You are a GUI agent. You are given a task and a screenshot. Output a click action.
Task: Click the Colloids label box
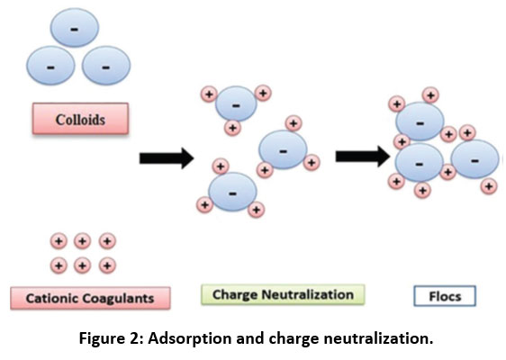pyautogui.click(x=80, y=119)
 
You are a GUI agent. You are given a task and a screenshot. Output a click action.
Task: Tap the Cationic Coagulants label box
pyautogui.click(x=90, y=298)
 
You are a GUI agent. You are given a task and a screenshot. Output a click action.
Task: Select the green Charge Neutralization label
pyautogui.click(x=283, y=294)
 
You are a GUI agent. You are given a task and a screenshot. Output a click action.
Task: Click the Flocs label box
pyautogui.click(x=445, y=296)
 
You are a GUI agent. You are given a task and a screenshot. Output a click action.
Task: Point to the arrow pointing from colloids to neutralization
pyautogui.click(x=167, y=158)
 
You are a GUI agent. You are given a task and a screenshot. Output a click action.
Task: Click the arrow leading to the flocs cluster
pyautogui.click(x=363, y=157)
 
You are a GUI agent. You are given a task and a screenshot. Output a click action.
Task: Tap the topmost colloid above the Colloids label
pyautogui.click(x=75, y=28)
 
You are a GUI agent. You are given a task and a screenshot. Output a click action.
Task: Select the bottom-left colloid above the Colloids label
pyautogui.click(x=50, y=66)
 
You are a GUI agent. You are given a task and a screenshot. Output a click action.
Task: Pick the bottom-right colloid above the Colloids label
pyautogui.click(x=106, y=66)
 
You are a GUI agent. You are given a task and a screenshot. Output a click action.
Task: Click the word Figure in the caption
pyautogui.click(x=99, y=338)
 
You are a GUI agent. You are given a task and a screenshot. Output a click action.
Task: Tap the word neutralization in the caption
pyautogui.click(x=378, y=338)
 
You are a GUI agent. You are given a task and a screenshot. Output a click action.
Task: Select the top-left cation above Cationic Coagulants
pyautogui.click(x=59, y=241)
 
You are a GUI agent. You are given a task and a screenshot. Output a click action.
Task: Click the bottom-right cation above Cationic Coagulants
pyautogui.click(x=107, y=265)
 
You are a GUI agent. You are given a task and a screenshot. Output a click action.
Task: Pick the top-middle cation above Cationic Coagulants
pyautogui.click(x=82, y=241)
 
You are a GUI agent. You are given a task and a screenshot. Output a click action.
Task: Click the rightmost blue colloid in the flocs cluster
pyautogui.click(x=475, y=159)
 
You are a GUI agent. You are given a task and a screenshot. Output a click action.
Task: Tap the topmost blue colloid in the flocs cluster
pyautogui.click(x=420, y=121)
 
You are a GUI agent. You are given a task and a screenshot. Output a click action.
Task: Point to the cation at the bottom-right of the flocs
pyautogui.click(x=489, y=186)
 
